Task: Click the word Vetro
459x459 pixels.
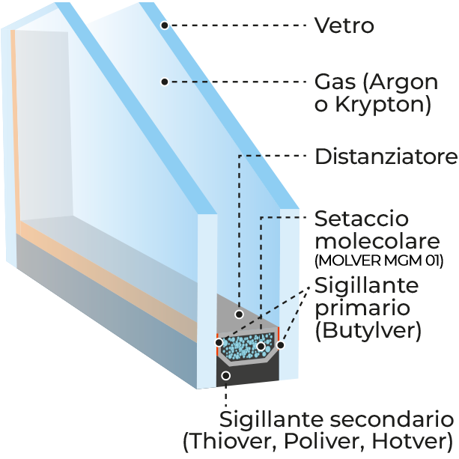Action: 344,25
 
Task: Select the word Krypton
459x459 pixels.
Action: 380,105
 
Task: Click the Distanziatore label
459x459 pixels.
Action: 386,156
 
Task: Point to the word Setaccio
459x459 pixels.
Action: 362,219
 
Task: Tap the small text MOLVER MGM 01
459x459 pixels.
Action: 379,261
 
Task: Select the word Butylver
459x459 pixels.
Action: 368,330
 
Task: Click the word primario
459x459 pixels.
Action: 362,308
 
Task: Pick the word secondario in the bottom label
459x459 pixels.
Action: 392,419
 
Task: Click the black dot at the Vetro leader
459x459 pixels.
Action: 165,25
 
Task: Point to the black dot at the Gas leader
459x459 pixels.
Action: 165,82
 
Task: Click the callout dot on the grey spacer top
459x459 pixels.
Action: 239,314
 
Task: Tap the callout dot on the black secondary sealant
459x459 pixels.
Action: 225,376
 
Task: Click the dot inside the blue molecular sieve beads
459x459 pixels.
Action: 261,347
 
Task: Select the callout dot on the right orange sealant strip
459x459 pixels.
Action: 281,345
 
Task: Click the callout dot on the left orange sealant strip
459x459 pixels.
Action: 219,342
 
